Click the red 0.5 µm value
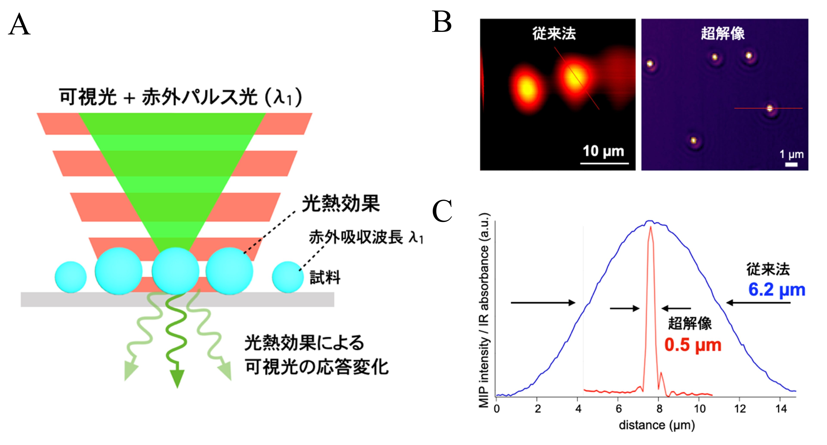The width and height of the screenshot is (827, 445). [x=693, y=345]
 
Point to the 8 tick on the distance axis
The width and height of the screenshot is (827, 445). [x=659, y=409]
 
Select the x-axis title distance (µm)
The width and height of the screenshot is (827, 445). [x=657, y=425]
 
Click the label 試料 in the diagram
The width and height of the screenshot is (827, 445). [x=325, y=277]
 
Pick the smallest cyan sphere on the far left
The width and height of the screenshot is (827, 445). [x=71, y=277]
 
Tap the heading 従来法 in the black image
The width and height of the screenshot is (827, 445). [x=554, y=34]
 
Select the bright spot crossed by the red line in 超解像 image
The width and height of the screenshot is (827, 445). [x=769, y=109]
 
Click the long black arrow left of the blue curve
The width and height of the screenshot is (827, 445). [x=543, y=302]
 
